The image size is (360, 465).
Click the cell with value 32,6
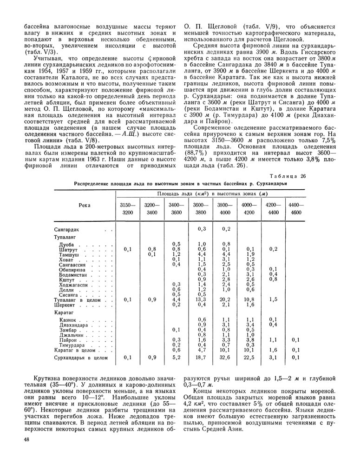coord(226,358)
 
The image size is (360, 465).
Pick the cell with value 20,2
coord(226,299)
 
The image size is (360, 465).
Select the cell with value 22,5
coord(249,358)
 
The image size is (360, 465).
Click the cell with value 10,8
coord(249,299)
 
